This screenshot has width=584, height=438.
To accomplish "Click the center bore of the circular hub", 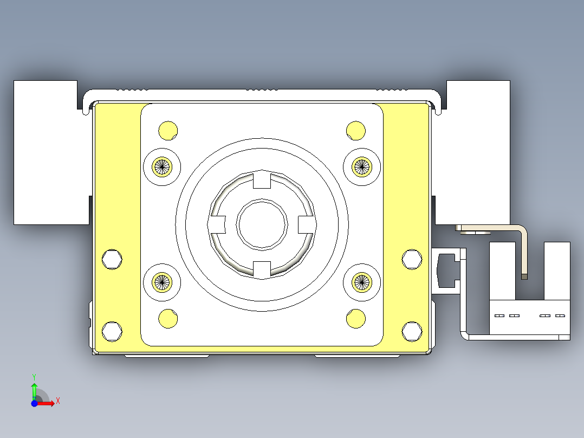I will click(x=262, y=224).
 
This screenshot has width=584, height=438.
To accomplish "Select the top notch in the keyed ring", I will click(x=262, y=179).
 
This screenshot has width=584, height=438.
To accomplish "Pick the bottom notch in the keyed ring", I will click(x=262, y=269).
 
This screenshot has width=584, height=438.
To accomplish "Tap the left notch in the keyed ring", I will click(x=218, y=224).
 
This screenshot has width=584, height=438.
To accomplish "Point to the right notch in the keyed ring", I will click(x=306, y=224).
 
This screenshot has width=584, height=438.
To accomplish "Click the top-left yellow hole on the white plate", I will click(x=168, y=130).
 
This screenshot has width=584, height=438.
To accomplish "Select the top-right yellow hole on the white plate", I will click(x=356, y=130).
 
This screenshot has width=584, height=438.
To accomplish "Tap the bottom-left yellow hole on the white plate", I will click(x=168, y=318).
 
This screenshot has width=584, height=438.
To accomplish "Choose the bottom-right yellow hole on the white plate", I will click(x=356, y=319).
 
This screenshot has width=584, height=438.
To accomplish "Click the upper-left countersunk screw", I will click(x=161, y=166).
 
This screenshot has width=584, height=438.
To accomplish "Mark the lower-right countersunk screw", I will click(x=362, y=281).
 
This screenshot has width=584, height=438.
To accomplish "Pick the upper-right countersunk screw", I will click(x=362, y=166).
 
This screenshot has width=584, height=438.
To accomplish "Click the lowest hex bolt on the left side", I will click(x=112, y=331).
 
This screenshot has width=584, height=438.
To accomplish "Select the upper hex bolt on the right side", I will click(x=412, y=259).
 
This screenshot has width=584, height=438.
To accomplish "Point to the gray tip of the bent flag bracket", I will click(x=524, y=276).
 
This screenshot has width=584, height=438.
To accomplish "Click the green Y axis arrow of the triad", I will click(x=34, y=387).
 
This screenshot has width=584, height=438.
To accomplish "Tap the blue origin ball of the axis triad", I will click(x=34, y=404).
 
